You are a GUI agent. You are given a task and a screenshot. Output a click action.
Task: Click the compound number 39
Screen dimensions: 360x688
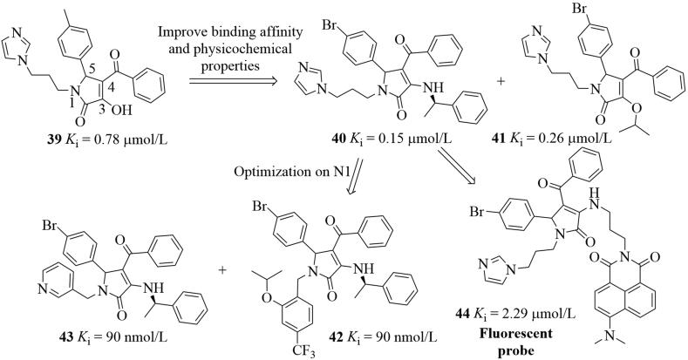[37, 166]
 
